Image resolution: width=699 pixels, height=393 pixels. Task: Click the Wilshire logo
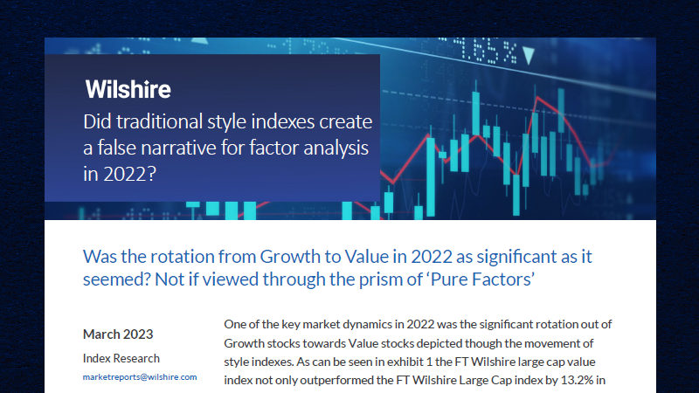pyautogui.click(x=128, y=89)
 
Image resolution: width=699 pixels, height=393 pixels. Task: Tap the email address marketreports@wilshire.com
pyautogui.click(x=140, y=377)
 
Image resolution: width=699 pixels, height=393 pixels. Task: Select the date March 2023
pyautogui.click(x=118, y=334)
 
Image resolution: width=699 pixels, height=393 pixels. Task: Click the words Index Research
pyautogui.click(x=121, y=357)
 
